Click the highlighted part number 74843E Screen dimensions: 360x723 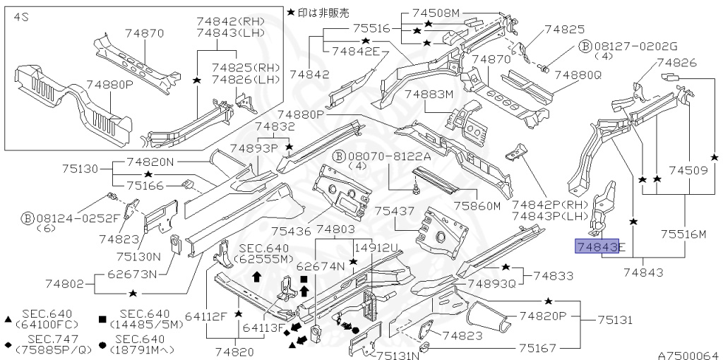[600, 246]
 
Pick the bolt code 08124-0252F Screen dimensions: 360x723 [64, 217]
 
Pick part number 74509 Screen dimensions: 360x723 [688, 170]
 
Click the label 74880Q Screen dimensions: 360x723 [578, 74]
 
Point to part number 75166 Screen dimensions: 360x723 [145, 186]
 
